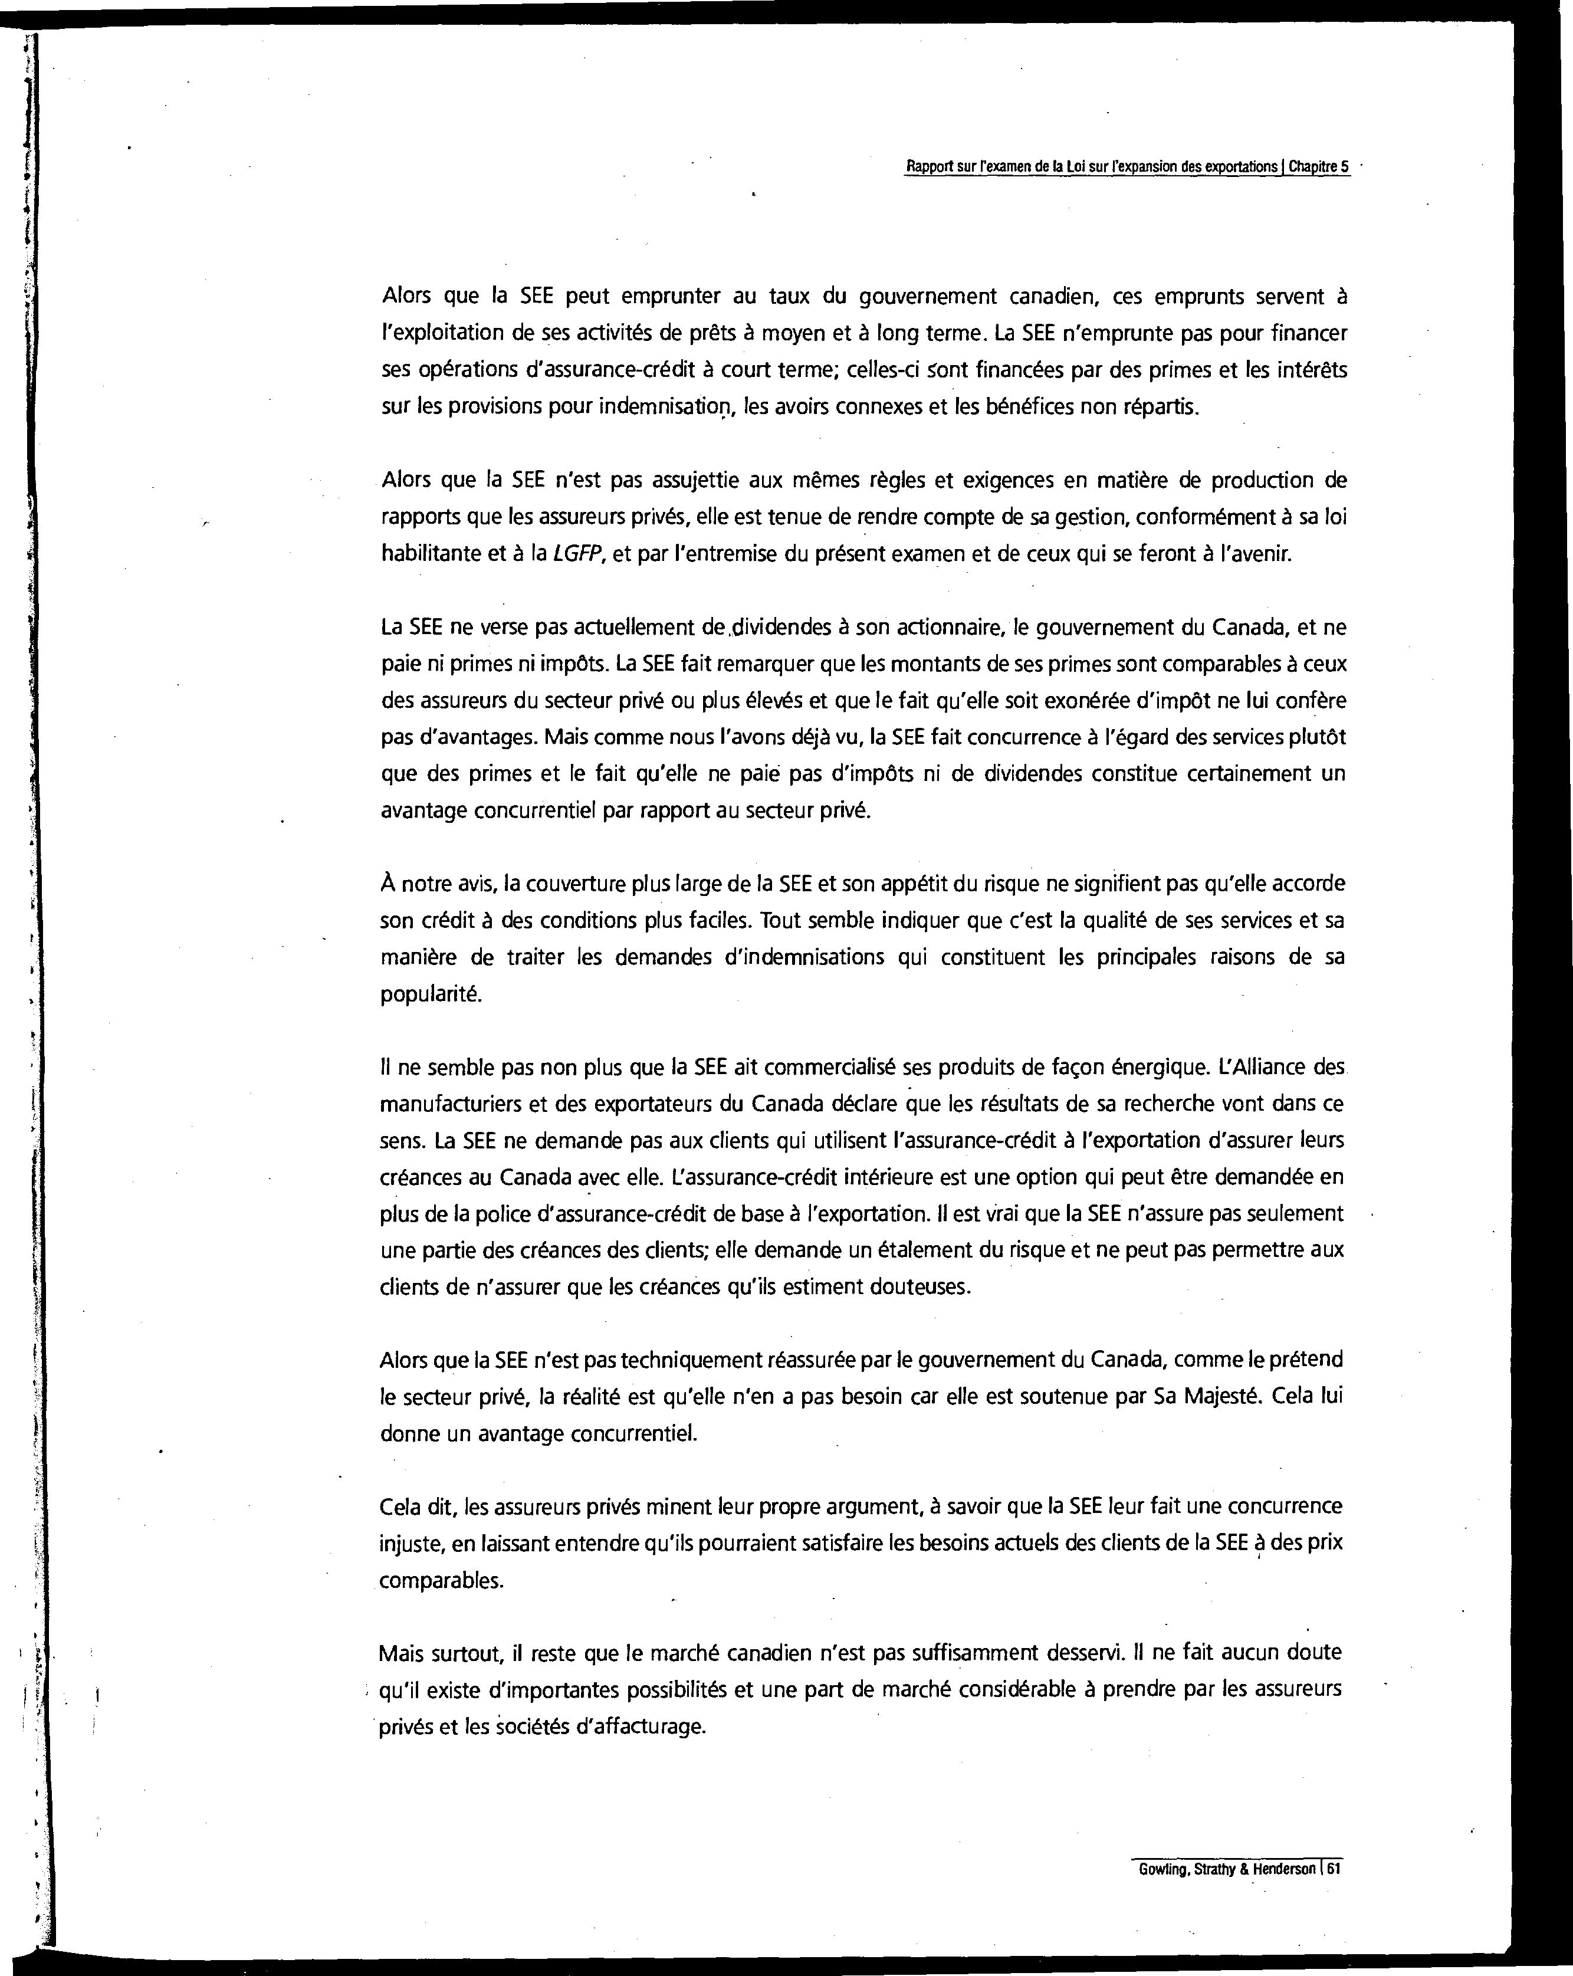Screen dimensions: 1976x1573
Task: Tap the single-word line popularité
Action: [430, 994]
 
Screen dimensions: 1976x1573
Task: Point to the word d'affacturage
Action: [646, 1726]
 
